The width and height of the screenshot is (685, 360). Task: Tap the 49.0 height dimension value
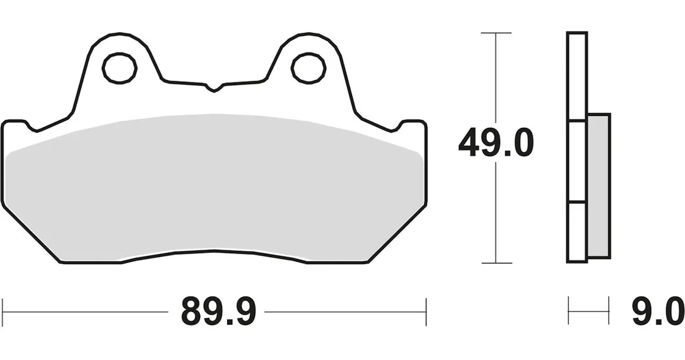tap(496, 143)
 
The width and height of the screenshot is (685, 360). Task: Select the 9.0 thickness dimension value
tap(658, 311)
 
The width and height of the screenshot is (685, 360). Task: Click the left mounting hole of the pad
tap(120, 68)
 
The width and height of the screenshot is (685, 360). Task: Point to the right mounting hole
tap(308, 68)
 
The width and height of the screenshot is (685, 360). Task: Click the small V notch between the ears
tap(214, 87)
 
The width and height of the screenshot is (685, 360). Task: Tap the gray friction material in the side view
tap(599, 185)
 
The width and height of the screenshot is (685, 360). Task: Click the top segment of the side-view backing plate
tap(577, 76)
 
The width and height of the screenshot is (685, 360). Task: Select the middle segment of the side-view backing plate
tap(577, 161)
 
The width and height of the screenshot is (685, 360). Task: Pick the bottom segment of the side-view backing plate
tap(577, 233)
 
